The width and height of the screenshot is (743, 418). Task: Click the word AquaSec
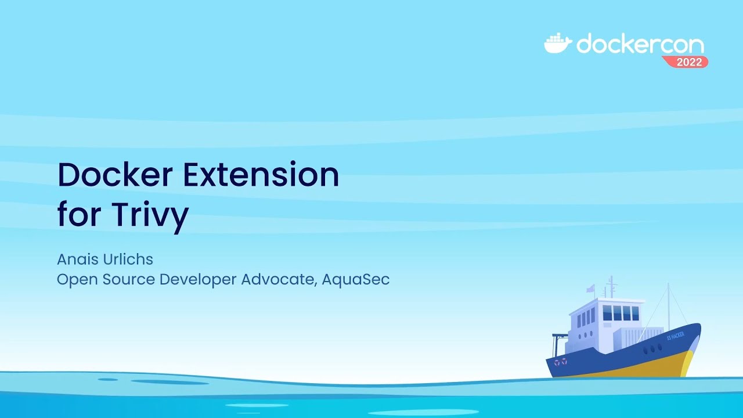355,279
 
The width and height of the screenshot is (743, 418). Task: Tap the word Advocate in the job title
279,279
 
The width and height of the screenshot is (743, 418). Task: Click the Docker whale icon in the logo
557,44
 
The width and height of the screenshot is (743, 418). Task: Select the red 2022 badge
688,62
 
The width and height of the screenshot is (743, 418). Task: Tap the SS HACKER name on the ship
675,336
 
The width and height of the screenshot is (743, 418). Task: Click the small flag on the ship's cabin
590,289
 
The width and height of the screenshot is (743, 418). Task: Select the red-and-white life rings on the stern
560,362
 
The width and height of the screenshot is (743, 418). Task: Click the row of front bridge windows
621,313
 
